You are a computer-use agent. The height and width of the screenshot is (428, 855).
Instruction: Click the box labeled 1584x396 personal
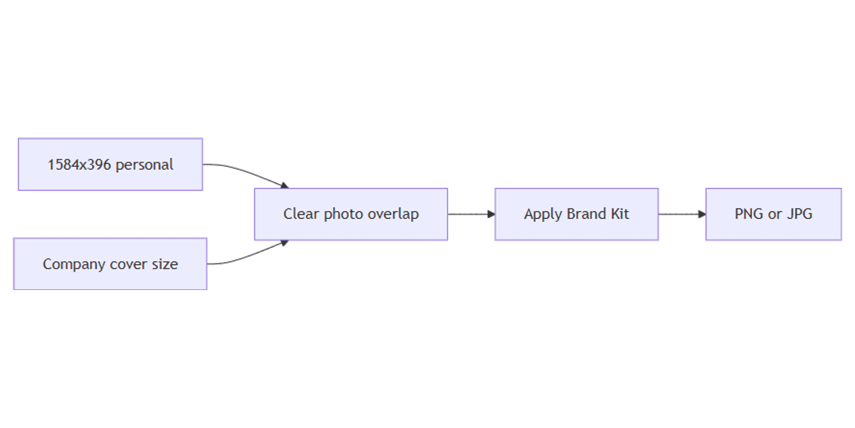pyautogui.click(x=110, y=164)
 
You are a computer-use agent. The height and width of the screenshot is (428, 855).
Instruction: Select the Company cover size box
pyautogui.click(x=110, y=264)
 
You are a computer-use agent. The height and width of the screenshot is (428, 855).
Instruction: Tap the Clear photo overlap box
pyautogui.click(x=351, y=215)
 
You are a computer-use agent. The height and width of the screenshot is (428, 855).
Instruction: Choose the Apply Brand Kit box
pyautogui.click(x=577, y=215)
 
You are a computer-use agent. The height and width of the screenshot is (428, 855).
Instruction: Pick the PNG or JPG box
pyautogui.click(x=774, y=215)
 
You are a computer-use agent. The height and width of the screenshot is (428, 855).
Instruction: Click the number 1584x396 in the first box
pyautogui.click(x=79, y=165)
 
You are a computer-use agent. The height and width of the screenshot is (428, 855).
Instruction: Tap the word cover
pyautogui.click(x=128, y=264)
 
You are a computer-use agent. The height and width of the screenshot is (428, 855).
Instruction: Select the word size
pyautogui.click(x=165, y=264)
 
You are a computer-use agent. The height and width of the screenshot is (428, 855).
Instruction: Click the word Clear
pyautogui.click(x=301, y=214)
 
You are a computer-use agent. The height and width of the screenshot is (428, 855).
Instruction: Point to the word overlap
pyautogui.click(x=393, y=215)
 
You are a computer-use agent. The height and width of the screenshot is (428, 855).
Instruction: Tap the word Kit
pyautogui.click(x=620, y=214)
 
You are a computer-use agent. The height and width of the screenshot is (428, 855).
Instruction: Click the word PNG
pyautogui.click(x=749, y=214)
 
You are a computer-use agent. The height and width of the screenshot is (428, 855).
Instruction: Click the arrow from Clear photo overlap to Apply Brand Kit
pyautogui.click(x=471, y=215)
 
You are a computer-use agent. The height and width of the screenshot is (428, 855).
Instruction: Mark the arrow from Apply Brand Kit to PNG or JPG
pyautogui.click(x=682, y=215)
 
